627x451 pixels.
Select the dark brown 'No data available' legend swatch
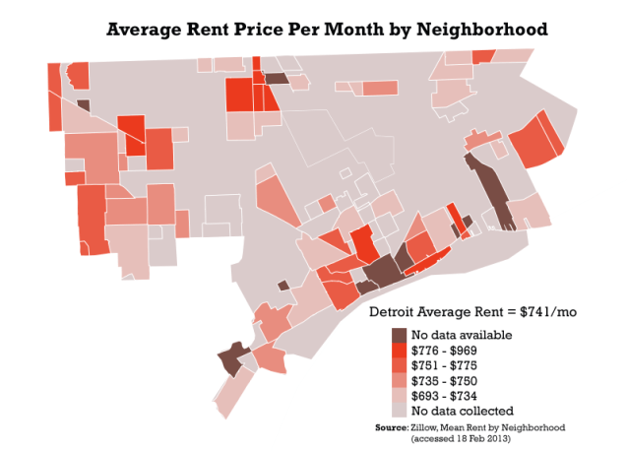(399, 336)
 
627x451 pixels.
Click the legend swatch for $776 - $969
(399, 351)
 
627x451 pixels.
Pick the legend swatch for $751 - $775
(399, 365)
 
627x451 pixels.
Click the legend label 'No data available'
(462, 336)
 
